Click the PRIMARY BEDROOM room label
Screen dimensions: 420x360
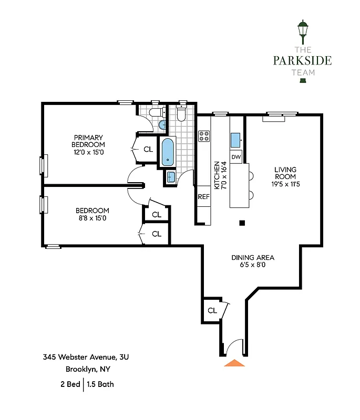pyautogui.click(x=89, y=141)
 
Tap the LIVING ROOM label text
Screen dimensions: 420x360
pyautogui.click(x=285, y=173)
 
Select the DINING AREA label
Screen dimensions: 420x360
pyautogui.click(x=253, y=258)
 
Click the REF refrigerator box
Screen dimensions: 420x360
pyautogui.click(x=203, y=197)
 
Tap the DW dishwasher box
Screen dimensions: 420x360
pyautogui.click(x=236, y=156)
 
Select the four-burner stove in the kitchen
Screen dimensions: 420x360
pyautogui.click(x=203, y=136)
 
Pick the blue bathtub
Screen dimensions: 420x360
pyautogui.click(x=167, y=152)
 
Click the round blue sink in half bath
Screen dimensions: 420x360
pyautogui.click(x=162, y=124)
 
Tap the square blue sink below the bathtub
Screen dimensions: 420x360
pyautogui.click(x=171, y=177)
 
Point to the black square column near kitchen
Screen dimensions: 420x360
pyautogui.click(x=242, y=223)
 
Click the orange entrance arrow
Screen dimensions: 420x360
pyautogui.click(x=234, y=362)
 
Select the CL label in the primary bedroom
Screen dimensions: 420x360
pyautogui.click(x=148, y=149)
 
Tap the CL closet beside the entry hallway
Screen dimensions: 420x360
pyautogui.click(x=212, y=310)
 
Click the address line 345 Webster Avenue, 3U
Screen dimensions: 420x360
pyautogui.click(x=86, y=357)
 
